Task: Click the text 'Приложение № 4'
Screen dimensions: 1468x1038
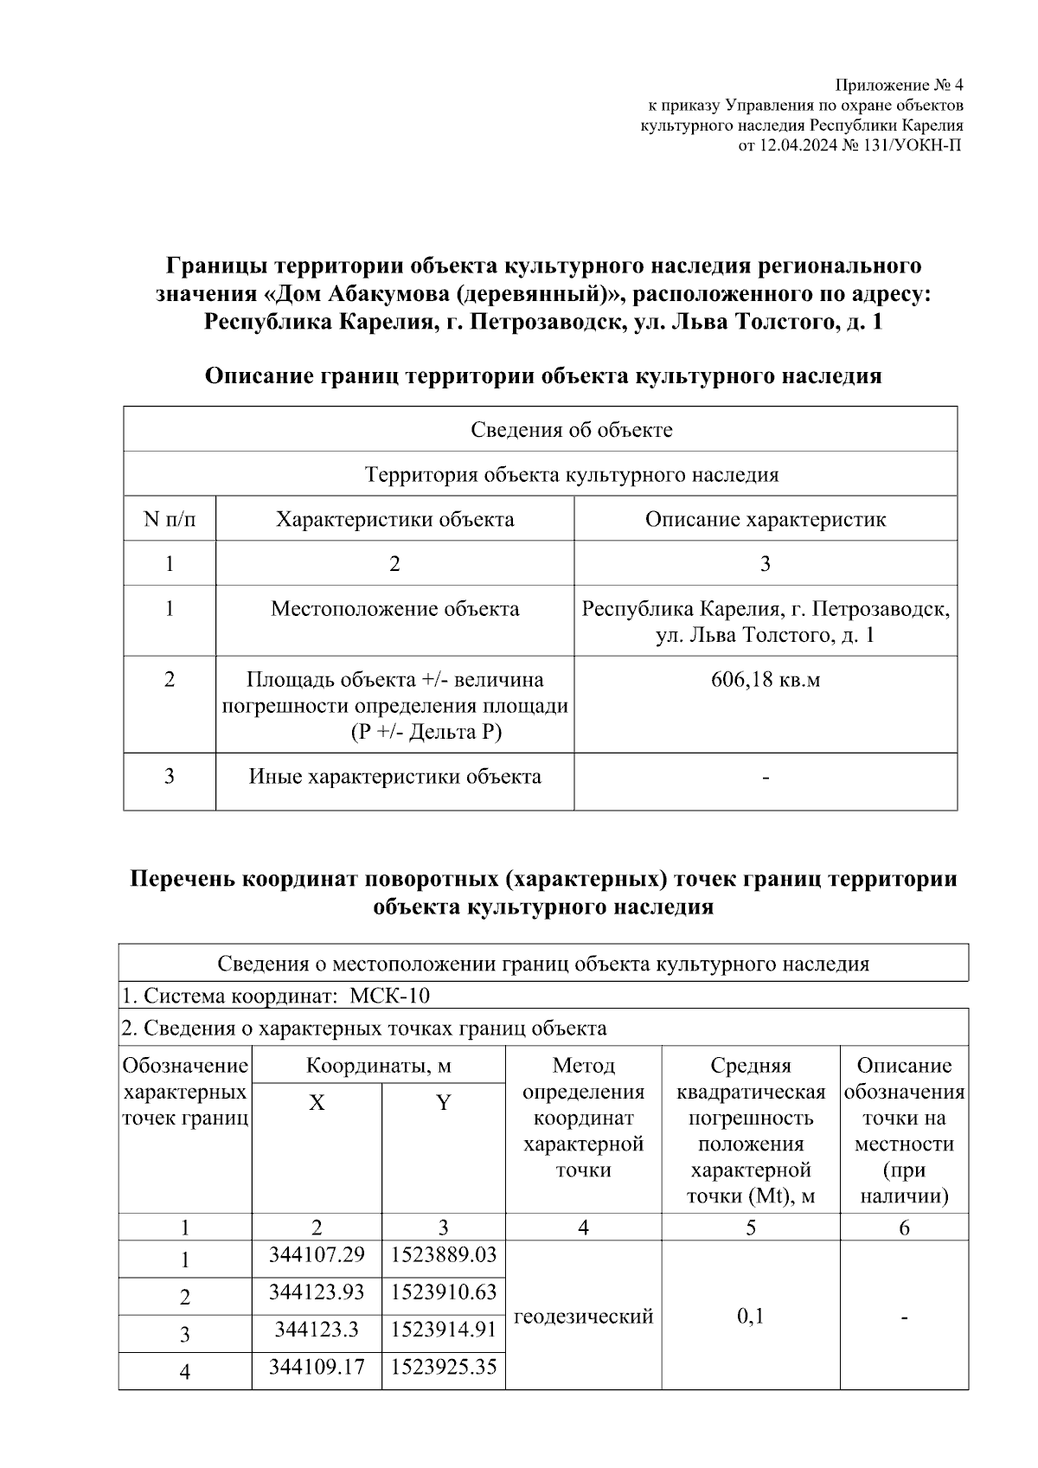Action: (898, 85)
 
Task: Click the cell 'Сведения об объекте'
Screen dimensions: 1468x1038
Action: (571, 430)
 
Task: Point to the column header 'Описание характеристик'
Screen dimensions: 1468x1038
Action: (765, 519)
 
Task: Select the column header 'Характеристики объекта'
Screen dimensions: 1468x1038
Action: (394, 519)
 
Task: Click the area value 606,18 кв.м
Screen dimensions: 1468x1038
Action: (765, 679)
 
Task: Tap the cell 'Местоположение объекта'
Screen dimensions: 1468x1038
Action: (394, 609)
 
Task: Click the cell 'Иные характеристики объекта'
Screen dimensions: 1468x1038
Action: (394, 776)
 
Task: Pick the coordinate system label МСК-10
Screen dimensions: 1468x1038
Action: (388, 996)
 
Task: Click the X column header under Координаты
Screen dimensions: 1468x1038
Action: (317, 1103)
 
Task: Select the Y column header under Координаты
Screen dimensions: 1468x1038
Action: (443, 1103)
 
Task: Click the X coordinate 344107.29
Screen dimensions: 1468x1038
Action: (317, 1253)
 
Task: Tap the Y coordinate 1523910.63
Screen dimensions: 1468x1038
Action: (444, 1292)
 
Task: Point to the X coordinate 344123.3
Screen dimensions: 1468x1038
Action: (317, 1329)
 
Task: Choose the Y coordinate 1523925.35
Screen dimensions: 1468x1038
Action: (444, 1367)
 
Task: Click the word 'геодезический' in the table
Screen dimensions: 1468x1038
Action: (583, 1317)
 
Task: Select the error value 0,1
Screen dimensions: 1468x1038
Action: (750, 1317)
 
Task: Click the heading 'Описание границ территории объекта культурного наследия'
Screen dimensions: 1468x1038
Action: (543, 376)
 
